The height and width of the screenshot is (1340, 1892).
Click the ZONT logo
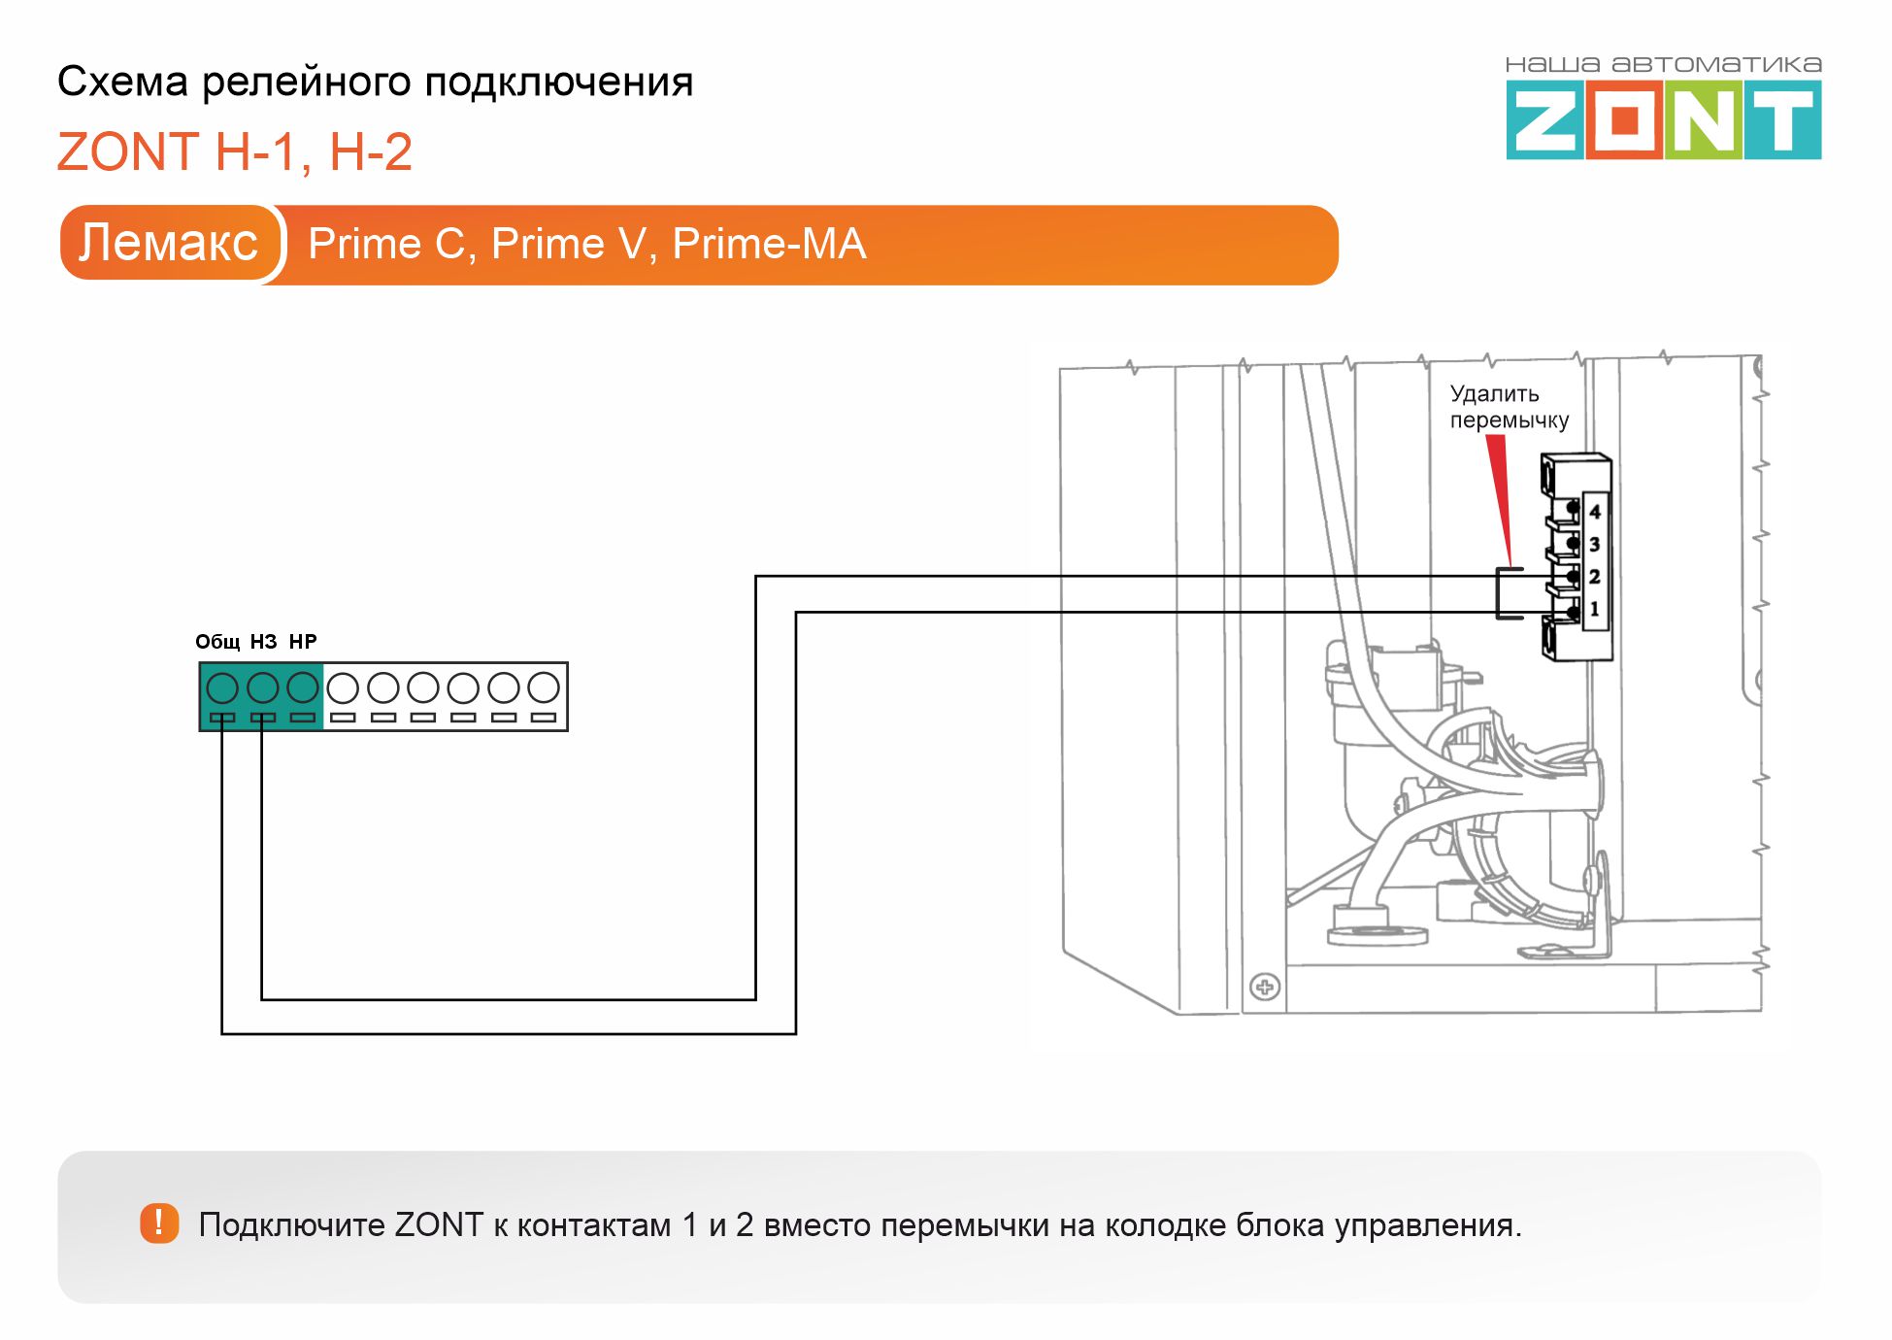click(1663, 109)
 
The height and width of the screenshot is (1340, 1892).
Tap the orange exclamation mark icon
click(159, 1223)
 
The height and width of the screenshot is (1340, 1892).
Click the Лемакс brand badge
click(169, 243)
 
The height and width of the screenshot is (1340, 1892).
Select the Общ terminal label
click(217, 642)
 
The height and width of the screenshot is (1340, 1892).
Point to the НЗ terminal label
click(263, 642)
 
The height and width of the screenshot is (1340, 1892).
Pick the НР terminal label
click(303, 642)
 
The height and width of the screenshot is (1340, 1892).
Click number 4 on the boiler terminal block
click(1594, 512)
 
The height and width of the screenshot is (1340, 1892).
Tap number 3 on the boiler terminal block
click(1594, 545)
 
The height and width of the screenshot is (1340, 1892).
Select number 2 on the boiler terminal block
click(1594, 577)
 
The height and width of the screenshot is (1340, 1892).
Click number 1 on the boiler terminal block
click(1594, 609)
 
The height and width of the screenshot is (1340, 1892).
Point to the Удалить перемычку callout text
click(1509, 407)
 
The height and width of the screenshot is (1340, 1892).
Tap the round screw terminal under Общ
click(222, 687)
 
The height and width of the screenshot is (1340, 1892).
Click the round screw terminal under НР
click(303, 687)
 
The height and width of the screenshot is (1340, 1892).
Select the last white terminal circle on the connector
click(544, 687)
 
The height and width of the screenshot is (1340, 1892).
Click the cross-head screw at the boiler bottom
click(1264, 988)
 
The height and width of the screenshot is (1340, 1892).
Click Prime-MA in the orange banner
click(769, 244)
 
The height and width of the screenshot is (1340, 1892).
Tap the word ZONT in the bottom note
click(439, 1224)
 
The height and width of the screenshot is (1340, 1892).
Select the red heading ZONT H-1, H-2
click(235, 152)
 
